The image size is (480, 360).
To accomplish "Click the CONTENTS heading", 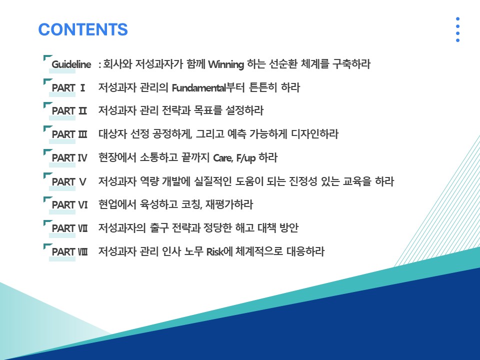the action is (83, 29).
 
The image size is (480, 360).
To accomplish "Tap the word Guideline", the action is (71, 64).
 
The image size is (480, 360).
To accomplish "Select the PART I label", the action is (68, 88).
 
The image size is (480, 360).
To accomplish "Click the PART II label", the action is (69, 111).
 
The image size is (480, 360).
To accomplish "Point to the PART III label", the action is (69, 134).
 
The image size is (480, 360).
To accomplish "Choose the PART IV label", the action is (69, 158).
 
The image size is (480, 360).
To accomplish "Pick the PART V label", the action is (69, 182).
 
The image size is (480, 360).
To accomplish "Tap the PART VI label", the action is (69, 205).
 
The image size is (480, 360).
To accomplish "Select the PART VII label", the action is (69, 228).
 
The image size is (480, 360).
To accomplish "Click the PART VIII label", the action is (69, 252).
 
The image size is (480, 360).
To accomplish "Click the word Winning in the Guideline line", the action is (226, 64).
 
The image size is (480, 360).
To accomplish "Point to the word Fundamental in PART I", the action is (198, 88).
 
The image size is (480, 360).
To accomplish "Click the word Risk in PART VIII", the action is (215, 252).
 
